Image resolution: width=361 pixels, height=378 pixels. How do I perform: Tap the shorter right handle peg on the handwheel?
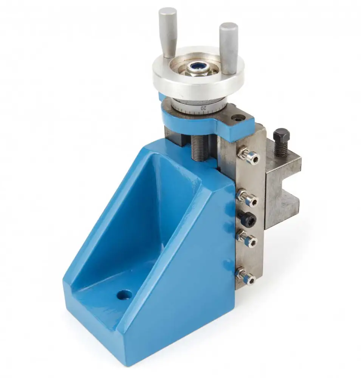click(x=228, y=48)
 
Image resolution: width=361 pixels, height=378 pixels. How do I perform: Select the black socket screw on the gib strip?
click(x=247, y=218)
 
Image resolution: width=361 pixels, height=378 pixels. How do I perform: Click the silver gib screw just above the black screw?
click(x=248, y=198)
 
